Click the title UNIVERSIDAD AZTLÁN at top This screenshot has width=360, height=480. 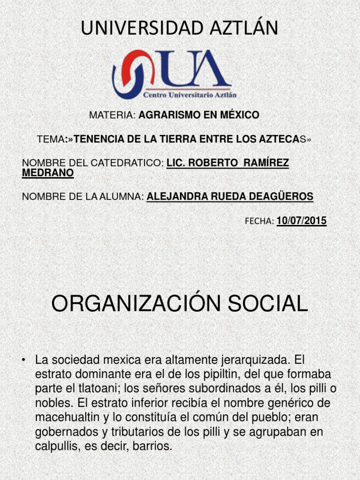point(180,28)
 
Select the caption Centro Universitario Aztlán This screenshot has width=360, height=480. point(190,94)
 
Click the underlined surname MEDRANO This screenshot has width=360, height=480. point(48,173)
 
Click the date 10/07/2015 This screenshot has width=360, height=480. point(301,221)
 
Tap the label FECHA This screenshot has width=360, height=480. point(259,221)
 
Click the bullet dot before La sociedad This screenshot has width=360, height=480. point(23,360)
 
